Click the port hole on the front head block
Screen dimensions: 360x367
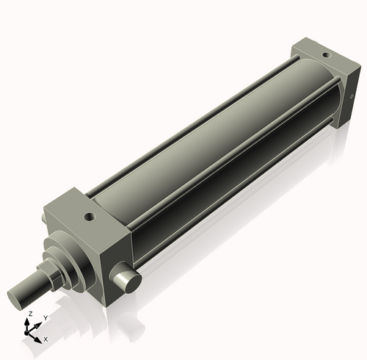point(90,217)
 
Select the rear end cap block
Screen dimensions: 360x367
point(323,81)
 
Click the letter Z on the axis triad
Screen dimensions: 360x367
point(30,314)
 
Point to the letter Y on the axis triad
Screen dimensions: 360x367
point(46,317)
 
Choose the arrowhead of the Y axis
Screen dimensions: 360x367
point(39,323)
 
